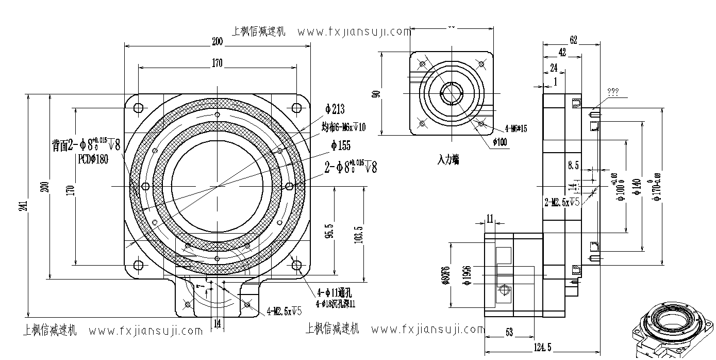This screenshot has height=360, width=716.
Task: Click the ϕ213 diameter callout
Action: pos(335,109)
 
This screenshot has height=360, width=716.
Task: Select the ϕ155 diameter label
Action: pos(341,146)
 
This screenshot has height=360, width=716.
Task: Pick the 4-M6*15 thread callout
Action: pos(515,128)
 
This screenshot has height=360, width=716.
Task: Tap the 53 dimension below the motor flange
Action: pos(509,333)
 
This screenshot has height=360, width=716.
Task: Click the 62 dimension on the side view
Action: pos(573,40)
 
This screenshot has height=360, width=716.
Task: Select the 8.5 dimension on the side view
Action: pos(573,165)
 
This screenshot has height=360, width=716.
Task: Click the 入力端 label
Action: pos(448,160)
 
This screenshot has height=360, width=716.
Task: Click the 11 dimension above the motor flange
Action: pos(490,219)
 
